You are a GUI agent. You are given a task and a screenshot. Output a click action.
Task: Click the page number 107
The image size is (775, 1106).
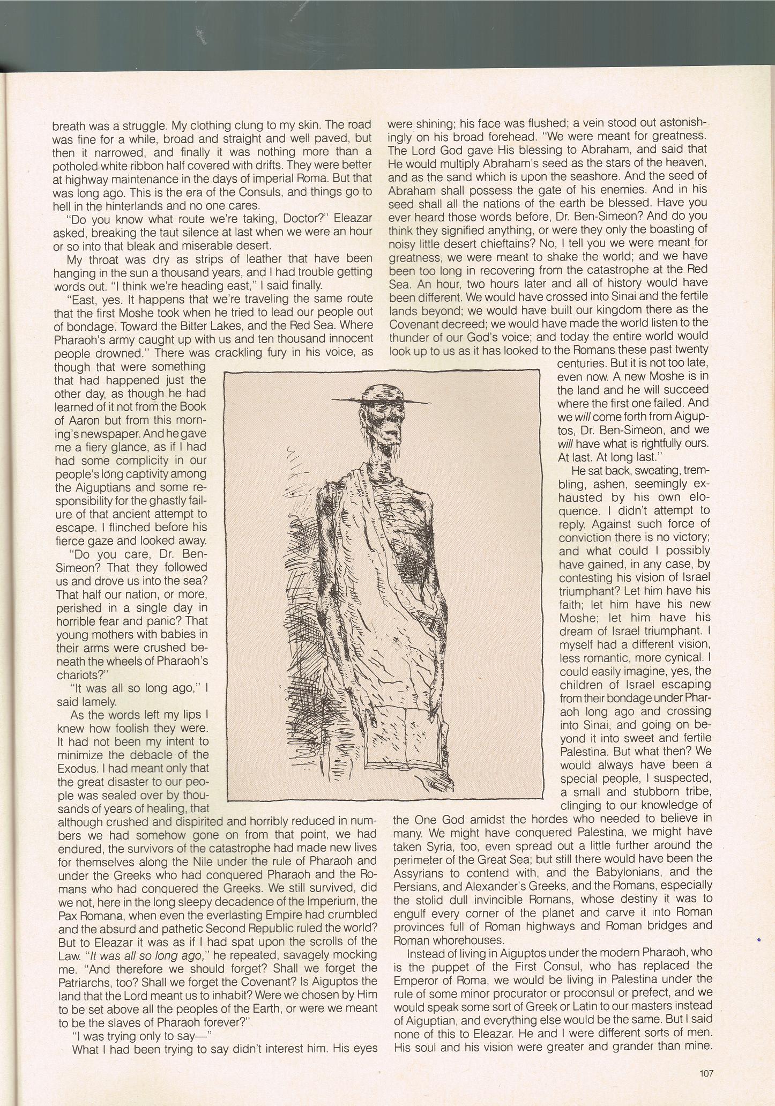706,1073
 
